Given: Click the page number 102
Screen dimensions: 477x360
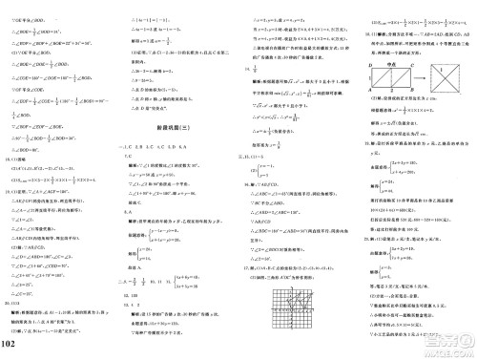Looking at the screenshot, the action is click(14, 344).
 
